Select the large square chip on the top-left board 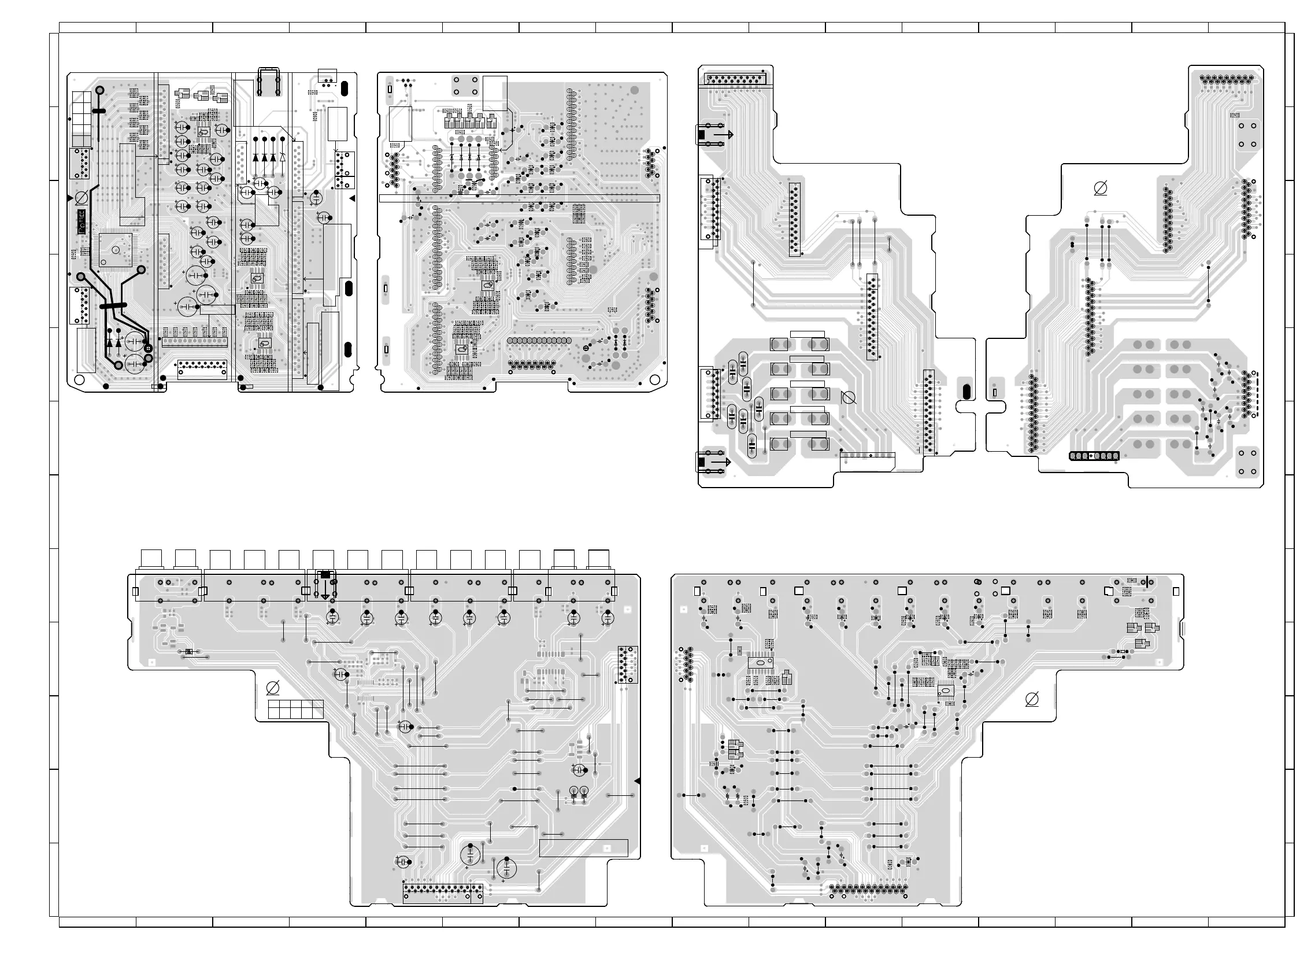pyautogui.click(x=116, y=250)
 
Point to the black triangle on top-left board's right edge pyautogui.click(x=353, y=199)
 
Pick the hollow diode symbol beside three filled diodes pyautogui.click(x=283, y=157)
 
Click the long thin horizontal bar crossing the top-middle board pyautogui.click(x=519, y=200)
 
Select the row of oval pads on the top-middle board pyautogui.click(x=539, y=341)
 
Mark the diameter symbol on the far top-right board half pyautogui.click(x=1100, y=189)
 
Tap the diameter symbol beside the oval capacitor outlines pyautogui.click(x=849, y=398)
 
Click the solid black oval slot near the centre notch pyautogui.click(x=966, y=392)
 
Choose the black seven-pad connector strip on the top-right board pyautogui.click(x=1094, y=456)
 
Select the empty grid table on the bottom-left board pyautogui.click(x=296, y=709)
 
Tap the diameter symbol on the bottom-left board pyautogui.click(x=273, y=688)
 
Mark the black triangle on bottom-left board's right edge pyautogui.click(x=637, y=781)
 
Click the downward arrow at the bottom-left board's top pyautogui.click(x=325, y=596)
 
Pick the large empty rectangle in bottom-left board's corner pyautogui.click(x=583, y=848)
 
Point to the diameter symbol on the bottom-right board pyautogui.click(x=1032, y=700)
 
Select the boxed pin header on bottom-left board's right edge pyautogui.click(x=628, y=665)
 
